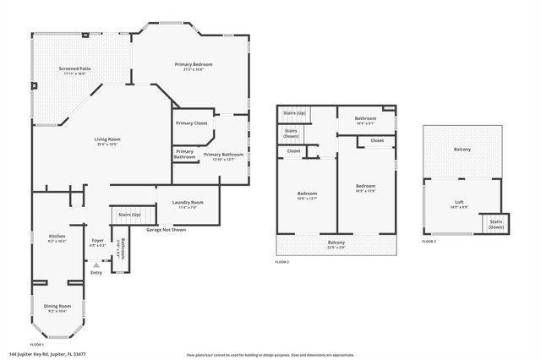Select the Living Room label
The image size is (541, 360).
point(107,141)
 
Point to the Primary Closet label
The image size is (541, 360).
point(192,123)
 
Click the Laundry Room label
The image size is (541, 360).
point(187,204)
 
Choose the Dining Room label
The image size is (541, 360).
point(57,308)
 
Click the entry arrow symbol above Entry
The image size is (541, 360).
point(96,265)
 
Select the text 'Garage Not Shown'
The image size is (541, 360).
point(166,230)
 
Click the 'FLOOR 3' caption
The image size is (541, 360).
point(429,242)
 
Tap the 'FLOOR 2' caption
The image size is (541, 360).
point(282,263)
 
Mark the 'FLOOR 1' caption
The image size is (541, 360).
point(37,345)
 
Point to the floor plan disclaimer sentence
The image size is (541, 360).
point(270,355)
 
